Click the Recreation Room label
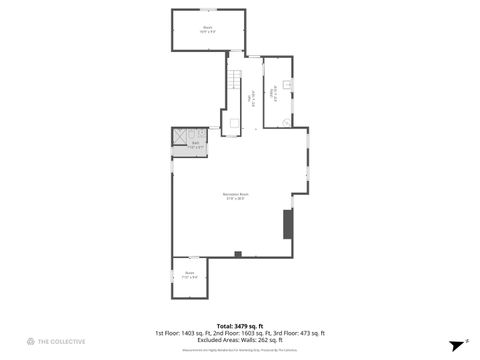(236, 196)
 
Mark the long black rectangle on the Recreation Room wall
(288, 224)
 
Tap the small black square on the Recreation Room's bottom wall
(238, 254)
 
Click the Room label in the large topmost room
(208, 30)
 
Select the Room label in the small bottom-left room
(189, 274)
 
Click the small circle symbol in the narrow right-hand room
(286, 122)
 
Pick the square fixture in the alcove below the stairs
(233, 123)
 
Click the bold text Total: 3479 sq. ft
(239, 326)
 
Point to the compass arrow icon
(453, 342)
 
